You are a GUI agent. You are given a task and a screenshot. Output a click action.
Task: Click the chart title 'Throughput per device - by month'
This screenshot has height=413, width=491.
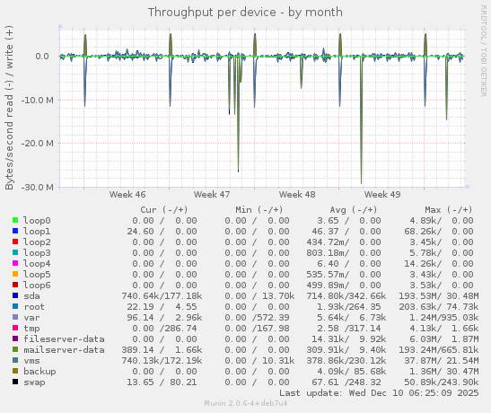[x=244, y=13]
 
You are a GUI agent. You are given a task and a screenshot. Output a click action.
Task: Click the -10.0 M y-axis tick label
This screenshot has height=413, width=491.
[x=35, y=100]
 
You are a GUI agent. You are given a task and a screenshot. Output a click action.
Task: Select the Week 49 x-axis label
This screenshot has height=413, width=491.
[x=382, y=194]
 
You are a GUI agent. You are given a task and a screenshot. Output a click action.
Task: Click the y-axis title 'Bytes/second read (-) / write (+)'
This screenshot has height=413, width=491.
[x=10, y=107]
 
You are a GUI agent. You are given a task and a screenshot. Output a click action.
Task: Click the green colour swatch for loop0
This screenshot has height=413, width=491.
[x=15, y=220]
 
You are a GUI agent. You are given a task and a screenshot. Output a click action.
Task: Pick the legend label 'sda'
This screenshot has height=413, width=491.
[x=31, y=295]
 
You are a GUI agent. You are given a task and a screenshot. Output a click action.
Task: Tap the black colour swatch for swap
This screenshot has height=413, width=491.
[x=15, y=382]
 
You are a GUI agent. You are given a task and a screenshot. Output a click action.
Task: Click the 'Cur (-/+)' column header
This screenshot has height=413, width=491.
[x=168, y=209]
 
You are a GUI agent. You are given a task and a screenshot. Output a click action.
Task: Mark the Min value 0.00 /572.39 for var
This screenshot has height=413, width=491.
[x=259, y=317]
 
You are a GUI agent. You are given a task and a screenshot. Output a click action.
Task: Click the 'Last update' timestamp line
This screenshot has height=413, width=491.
[x=381, y=392]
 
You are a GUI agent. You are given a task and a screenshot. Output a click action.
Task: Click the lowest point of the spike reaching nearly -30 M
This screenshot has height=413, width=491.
[x=361, y=183]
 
